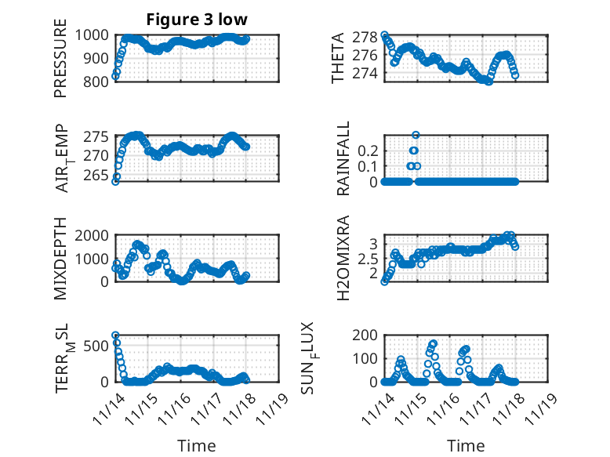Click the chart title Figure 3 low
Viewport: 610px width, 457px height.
point(197,20)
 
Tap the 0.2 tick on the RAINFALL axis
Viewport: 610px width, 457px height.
point(368,149)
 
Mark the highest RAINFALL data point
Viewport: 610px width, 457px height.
point(416,135)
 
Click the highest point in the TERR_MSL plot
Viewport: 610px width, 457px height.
point(115,335)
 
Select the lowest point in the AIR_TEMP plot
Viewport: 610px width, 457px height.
point(115,181)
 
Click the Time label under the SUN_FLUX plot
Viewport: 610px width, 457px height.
point(466,445)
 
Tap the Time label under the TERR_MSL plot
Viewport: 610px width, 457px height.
point(197,445)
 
